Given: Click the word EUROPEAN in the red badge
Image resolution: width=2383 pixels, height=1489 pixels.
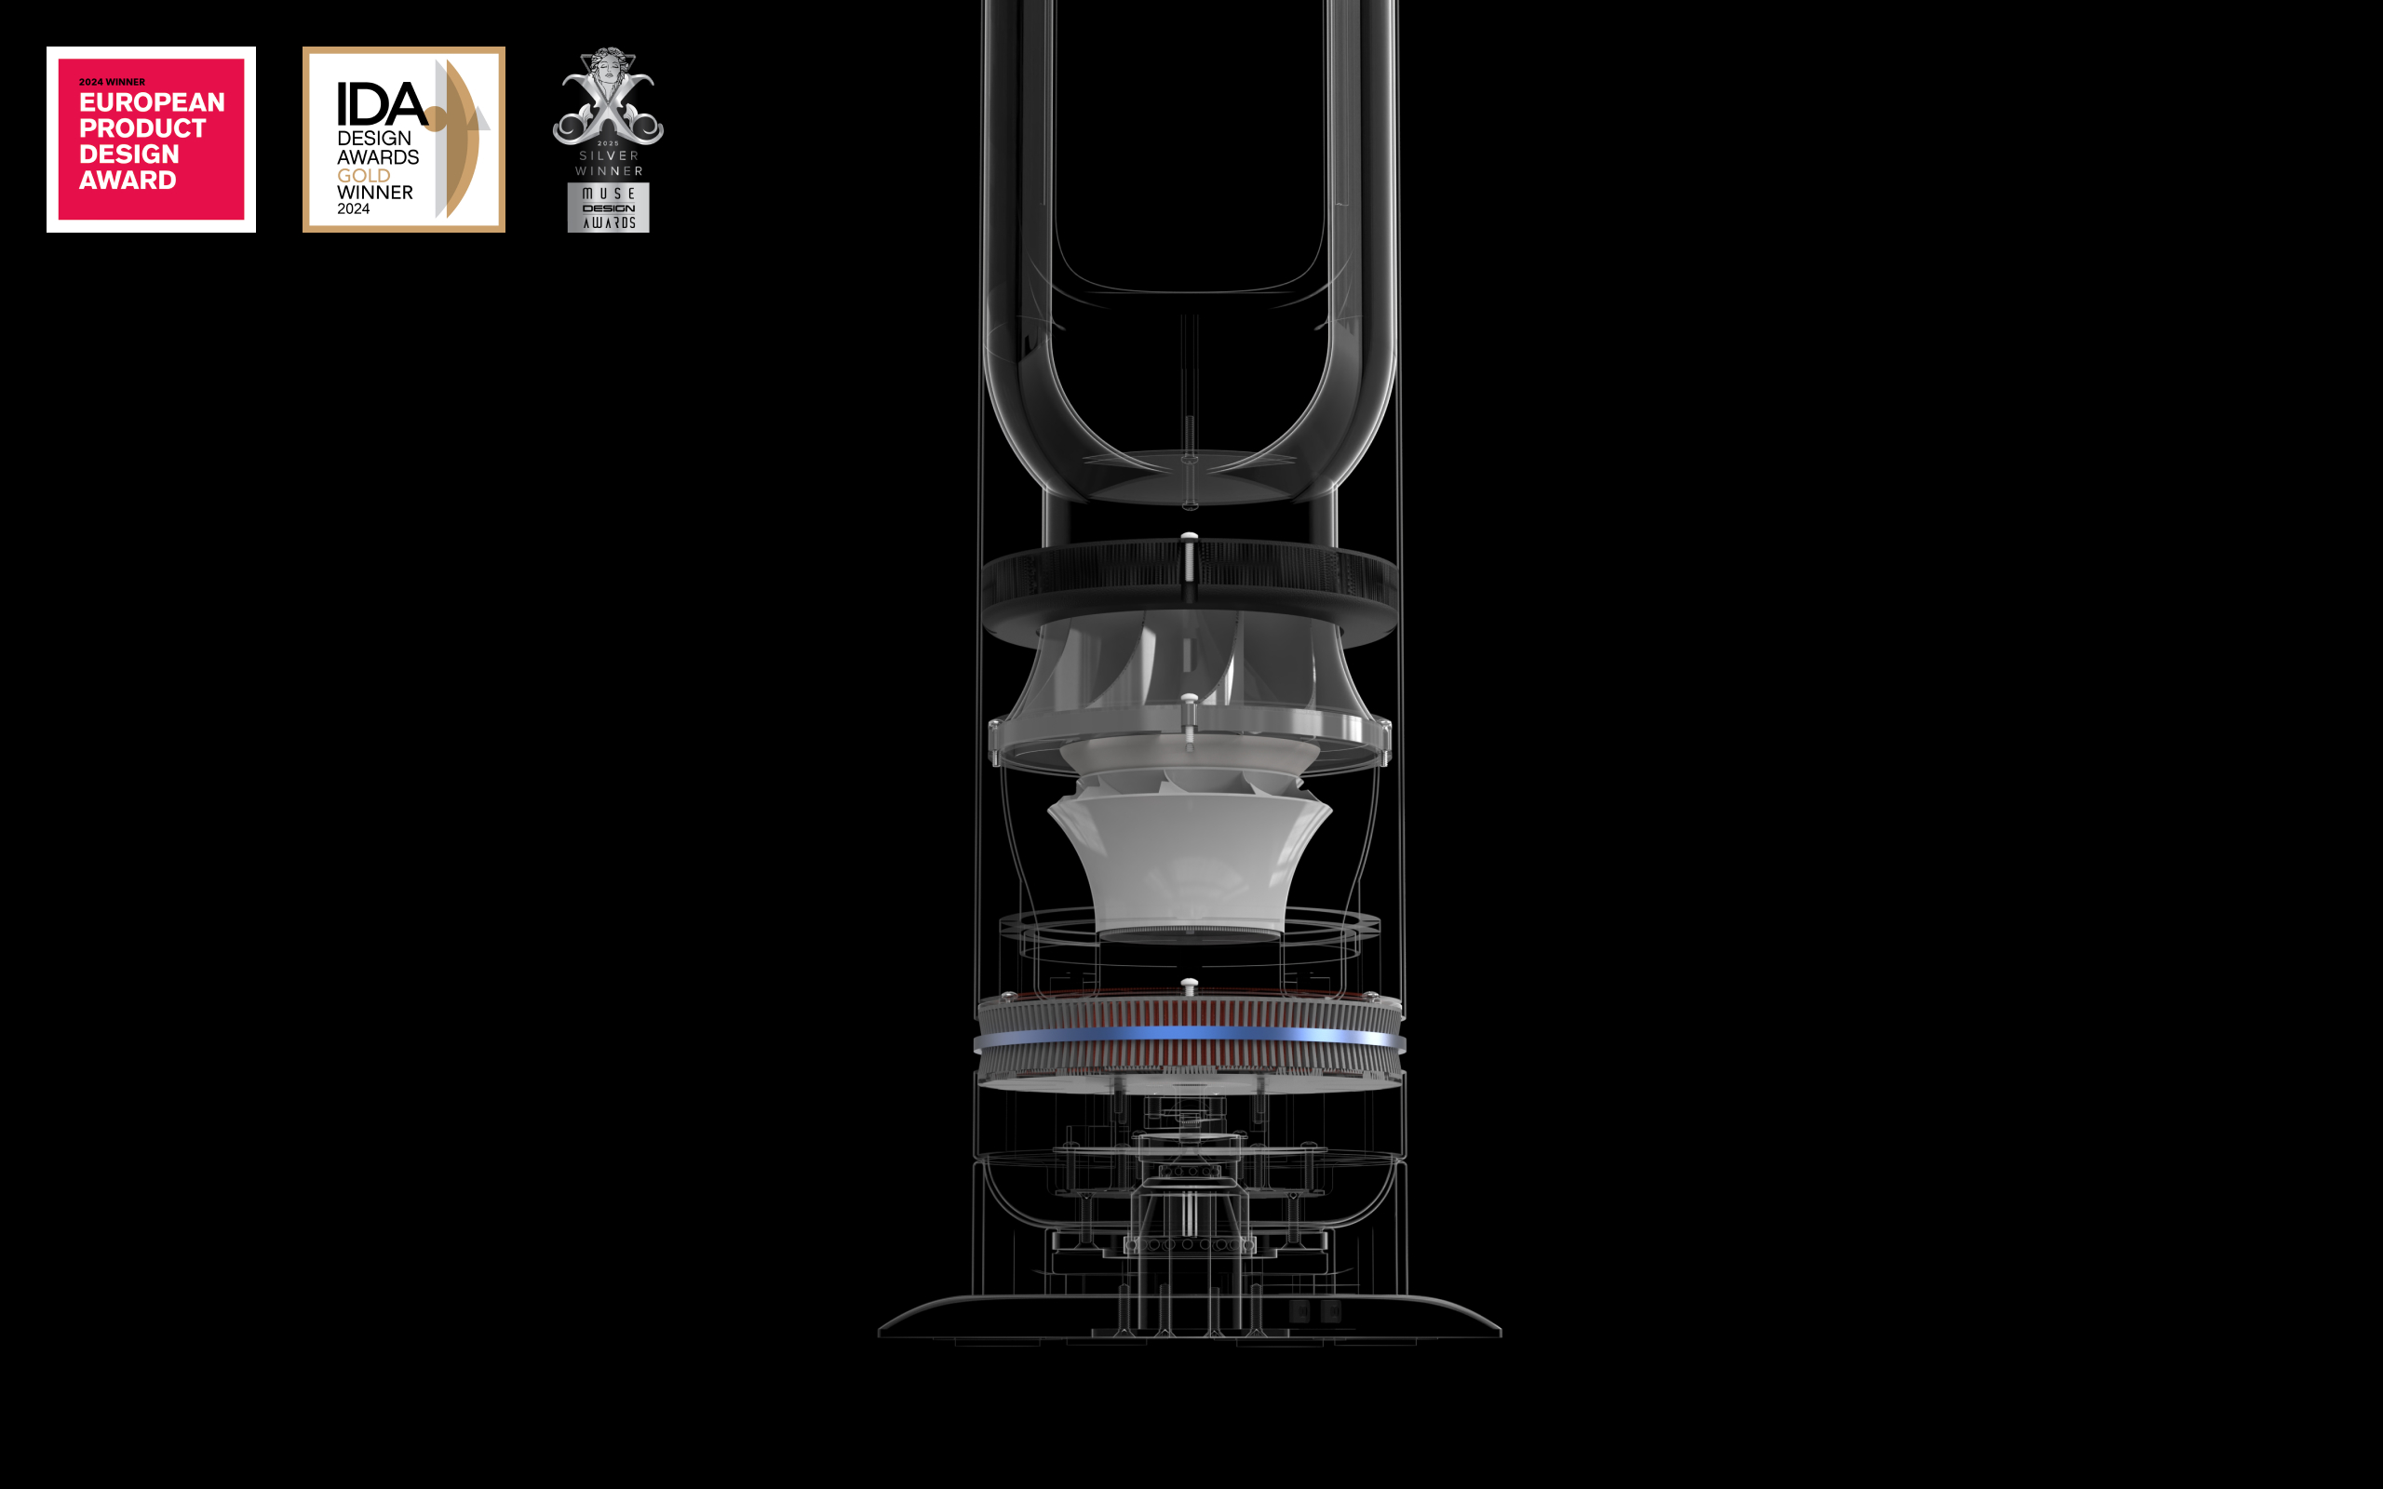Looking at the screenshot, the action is click(x=152, y=102).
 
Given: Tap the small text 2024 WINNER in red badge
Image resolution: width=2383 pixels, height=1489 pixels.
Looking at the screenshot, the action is click(x=113, y=82).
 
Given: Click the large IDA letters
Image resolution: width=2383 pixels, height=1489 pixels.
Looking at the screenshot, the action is click(x=382, y=104).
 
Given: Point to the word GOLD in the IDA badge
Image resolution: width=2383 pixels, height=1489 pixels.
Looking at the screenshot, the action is click(x=363, y=175).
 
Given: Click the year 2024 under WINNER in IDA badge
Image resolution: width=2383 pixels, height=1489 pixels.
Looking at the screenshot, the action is click(x=354, y=208).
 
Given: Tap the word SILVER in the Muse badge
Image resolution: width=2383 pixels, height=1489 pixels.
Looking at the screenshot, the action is click(x=609, y=155).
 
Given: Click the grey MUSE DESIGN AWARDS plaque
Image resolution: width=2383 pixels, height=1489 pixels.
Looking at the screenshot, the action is click(x=609, y=208).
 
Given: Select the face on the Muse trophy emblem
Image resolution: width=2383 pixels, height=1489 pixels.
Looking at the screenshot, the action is click(x=608, y=69).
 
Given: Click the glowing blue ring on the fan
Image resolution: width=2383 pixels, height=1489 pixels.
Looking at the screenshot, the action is click(x=1190, y=1035).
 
